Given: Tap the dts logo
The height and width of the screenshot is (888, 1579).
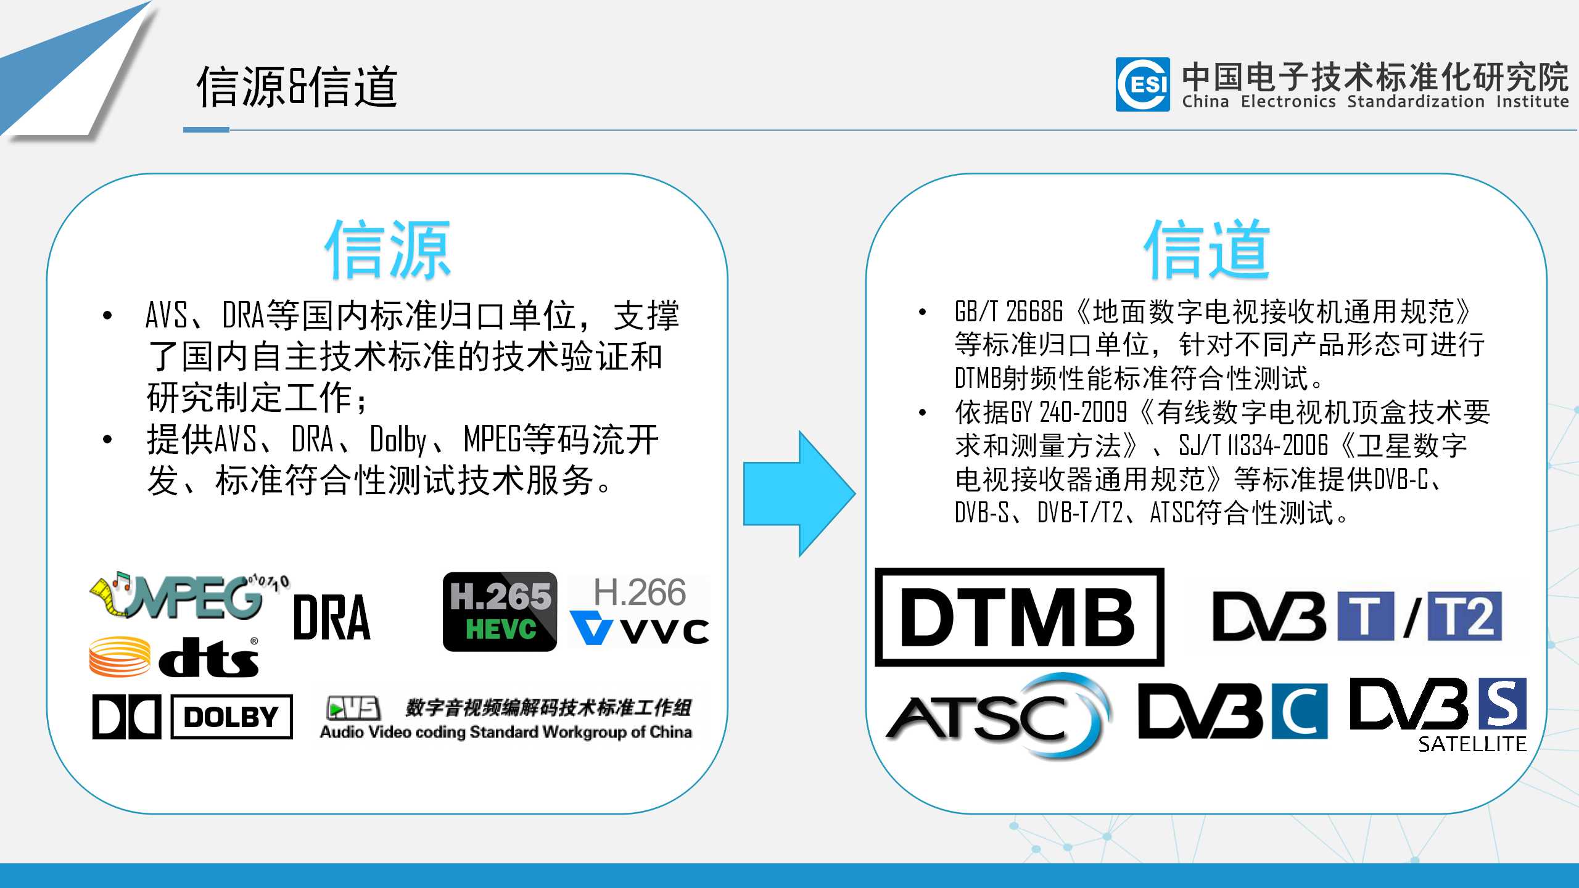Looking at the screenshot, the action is click(x=175, y=657).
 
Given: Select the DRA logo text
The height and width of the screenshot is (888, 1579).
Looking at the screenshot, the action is click(x=332, y=617).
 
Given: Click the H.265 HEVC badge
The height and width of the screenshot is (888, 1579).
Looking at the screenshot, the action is click(x=500, y=611).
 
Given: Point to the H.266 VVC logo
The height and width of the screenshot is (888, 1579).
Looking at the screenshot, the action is click(x=639, y=611).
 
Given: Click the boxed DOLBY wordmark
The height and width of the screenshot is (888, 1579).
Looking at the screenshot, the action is click(x=231, y=717).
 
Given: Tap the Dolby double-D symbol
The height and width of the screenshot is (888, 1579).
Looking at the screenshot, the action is click(x=126, y=717).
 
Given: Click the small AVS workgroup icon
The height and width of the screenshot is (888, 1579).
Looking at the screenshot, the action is click(x=353, y=708).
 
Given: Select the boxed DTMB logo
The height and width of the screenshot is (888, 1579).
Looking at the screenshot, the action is click(x=1019, y=617).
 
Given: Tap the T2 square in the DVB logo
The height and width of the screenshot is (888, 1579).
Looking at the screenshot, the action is click(x=1465, y=617).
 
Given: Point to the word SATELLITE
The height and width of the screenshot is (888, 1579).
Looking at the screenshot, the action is click(x=1472, y=744).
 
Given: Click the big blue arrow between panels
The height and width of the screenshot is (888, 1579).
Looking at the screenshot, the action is click(x=799, y=494).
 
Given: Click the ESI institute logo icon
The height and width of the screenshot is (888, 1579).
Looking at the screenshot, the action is click(x=1142, y=84).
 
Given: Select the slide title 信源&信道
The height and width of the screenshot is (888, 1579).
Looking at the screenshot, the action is click(x=297, y=87).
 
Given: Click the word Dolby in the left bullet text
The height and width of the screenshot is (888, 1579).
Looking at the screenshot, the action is click(x=398, y=440).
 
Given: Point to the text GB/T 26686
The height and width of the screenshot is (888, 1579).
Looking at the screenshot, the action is click(x=1008, y=312).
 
